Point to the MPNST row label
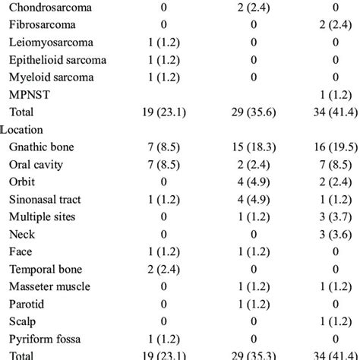click(x=25, y=95)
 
